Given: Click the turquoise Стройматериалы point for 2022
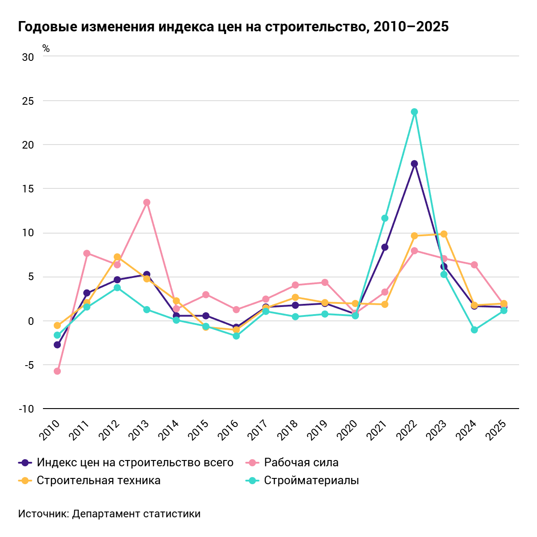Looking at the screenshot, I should pos(414,112).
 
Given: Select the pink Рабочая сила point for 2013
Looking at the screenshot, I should pos(147,202).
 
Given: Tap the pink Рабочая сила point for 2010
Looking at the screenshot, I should pos(57,371).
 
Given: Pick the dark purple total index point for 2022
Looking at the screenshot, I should pos(414,164).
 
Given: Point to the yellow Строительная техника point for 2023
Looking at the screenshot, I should pos(444,234).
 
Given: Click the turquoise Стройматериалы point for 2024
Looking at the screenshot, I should pos(474,330).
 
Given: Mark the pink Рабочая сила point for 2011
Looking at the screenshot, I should pos(87,253).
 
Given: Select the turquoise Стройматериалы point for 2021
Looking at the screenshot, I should pos(385,218).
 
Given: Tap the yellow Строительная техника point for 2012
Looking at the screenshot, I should pos(117,257).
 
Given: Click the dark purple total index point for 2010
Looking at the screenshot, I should pos(57,345).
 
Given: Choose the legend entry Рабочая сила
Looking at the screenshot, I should pos(301,462).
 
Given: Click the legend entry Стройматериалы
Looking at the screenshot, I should pos(311,481).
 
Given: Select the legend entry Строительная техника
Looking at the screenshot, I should pos(98,481).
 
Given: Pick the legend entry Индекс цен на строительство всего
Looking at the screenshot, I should pos(135,462).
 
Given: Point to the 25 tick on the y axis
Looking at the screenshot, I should pos(28,101).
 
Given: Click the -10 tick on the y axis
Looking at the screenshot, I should pos(26,409).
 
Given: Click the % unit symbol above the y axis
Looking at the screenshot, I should pos(46,49).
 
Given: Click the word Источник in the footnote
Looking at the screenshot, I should pos(43,514).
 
